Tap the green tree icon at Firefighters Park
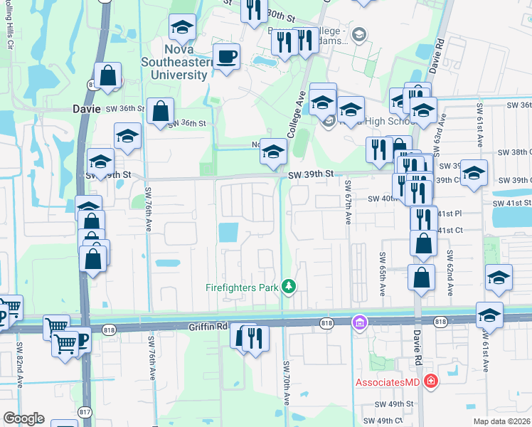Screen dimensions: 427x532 (289, 286)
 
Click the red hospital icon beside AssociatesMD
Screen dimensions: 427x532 (430, 382)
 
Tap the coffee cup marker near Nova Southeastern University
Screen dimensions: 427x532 (227, 56)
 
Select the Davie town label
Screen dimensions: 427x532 (87, 109)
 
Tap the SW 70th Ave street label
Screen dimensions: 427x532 (288, 383)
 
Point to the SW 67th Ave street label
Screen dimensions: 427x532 (349, 202)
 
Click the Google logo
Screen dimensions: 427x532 (23, 418)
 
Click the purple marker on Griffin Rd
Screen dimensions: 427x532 (360, 324)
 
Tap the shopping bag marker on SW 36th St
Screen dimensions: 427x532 (161, 110)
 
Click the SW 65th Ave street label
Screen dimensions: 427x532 (382, 274)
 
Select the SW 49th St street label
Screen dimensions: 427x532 (394, 404)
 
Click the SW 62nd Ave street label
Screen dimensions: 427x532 (450, 272)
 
